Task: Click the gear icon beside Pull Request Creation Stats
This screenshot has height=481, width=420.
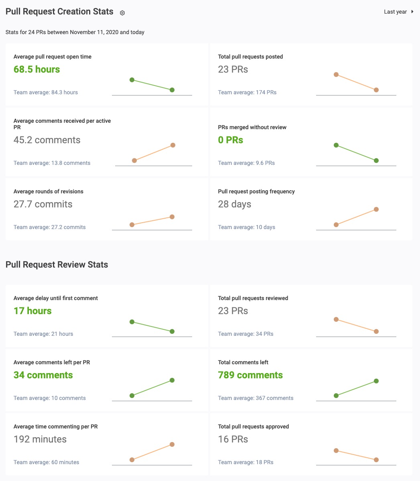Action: pos(122,13)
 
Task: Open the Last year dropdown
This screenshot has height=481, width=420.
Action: pos(398,12)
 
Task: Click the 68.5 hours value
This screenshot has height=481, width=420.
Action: pos(37,69)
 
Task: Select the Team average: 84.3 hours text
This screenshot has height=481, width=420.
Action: pos(46,92)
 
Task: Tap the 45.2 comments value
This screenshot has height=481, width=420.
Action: pos(47,140)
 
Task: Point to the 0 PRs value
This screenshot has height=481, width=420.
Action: pos(231,140)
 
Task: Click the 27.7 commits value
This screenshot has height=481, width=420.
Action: pos(43,204)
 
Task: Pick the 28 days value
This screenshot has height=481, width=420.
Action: pos(235,204)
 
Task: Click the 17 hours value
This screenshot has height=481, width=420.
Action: pos(32,311)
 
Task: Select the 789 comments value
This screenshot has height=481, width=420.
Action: pos(250,375)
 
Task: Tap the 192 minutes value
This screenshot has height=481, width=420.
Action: pos(40,439)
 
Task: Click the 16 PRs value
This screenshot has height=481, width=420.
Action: pos(233,439)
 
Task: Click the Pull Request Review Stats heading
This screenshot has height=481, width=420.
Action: pos(57,265)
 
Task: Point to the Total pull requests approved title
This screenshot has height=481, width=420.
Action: pos(254,426)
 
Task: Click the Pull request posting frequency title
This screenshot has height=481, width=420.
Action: pos(256,191)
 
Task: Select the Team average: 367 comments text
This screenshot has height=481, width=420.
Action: pos(256,398)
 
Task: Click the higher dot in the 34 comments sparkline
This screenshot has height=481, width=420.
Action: pos(172,380)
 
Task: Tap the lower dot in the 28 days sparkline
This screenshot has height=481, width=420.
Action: pos(336,225)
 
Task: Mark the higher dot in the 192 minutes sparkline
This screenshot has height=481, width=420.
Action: pos(172,444)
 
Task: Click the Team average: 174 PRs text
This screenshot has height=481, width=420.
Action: pos(247,92)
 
